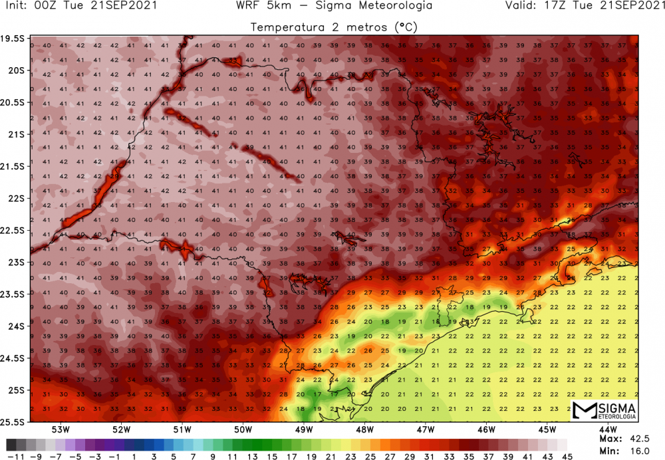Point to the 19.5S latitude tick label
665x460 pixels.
click(x=14, y=39)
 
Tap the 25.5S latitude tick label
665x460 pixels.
click(x=14, y=421)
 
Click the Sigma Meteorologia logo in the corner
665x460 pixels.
click(x=604, y=411)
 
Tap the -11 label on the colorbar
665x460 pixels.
click(x=11, y=455)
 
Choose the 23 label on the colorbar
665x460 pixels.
click(x=346, y=455)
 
